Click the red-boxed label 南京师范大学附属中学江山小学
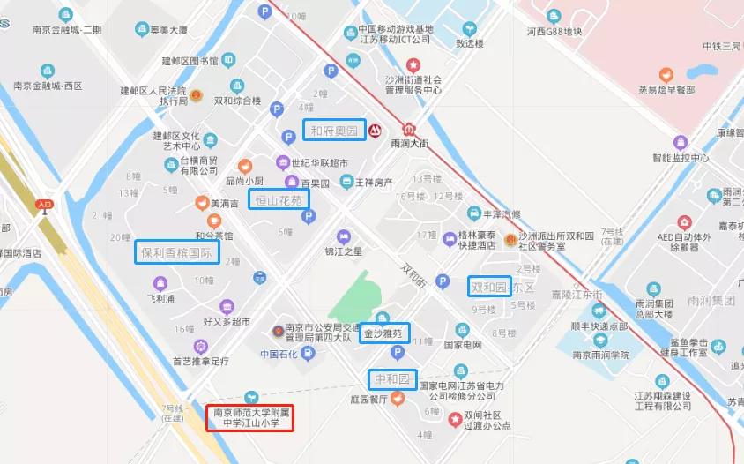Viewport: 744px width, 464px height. point(249,417)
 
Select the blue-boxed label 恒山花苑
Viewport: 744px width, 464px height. point(279,200)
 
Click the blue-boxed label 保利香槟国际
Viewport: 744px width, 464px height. point(177,252)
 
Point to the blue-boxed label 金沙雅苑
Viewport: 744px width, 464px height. point(384,333)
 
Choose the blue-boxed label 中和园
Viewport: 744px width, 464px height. point(392,380)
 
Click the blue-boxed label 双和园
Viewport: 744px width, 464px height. point(489,287)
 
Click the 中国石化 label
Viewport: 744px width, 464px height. point(281,354)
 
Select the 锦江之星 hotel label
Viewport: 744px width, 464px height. point(344,251)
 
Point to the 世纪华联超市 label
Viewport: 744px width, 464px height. point(319,162)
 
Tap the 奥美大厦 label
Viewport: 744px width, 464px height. point(168,30)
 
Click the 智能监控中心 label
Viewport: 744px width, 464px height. point(681,158)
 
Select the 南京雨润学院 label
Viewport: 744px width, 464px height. point(600,355)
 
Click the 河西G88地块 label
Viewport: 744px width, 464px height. point(554,32)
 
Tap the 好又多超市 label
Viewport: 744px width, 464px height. point(227,321)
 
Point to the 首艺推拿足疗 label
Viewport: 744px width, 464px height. point(200,360)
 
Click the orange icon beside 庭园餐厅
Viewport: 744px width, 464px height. point(398,398)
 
